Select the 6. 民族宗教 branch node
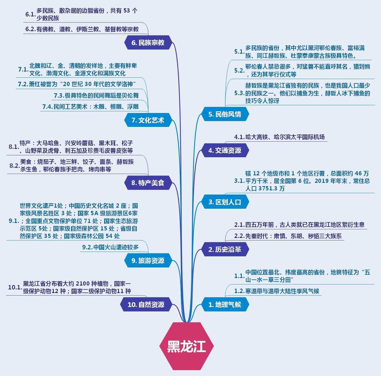[148, 43]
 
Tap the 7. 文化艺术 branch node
[148, 120]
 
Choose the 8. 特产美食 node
[148, 183]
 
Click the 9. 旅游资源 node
[148, 261]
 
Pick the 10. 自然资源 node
[146, 304]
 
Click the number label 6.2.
[30, 30]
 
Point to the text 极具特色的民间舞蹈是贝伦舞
[96, 95]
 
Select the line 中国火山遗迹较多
[116, 247]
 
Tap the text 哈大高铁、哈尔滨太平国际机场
[285, 137]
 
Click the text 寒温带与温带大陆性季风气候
[282, 291]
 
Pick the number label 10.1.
[15, 288]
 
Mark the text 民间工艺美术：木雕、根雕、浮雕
[95, 106]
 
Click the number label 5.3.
[239, 93]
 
